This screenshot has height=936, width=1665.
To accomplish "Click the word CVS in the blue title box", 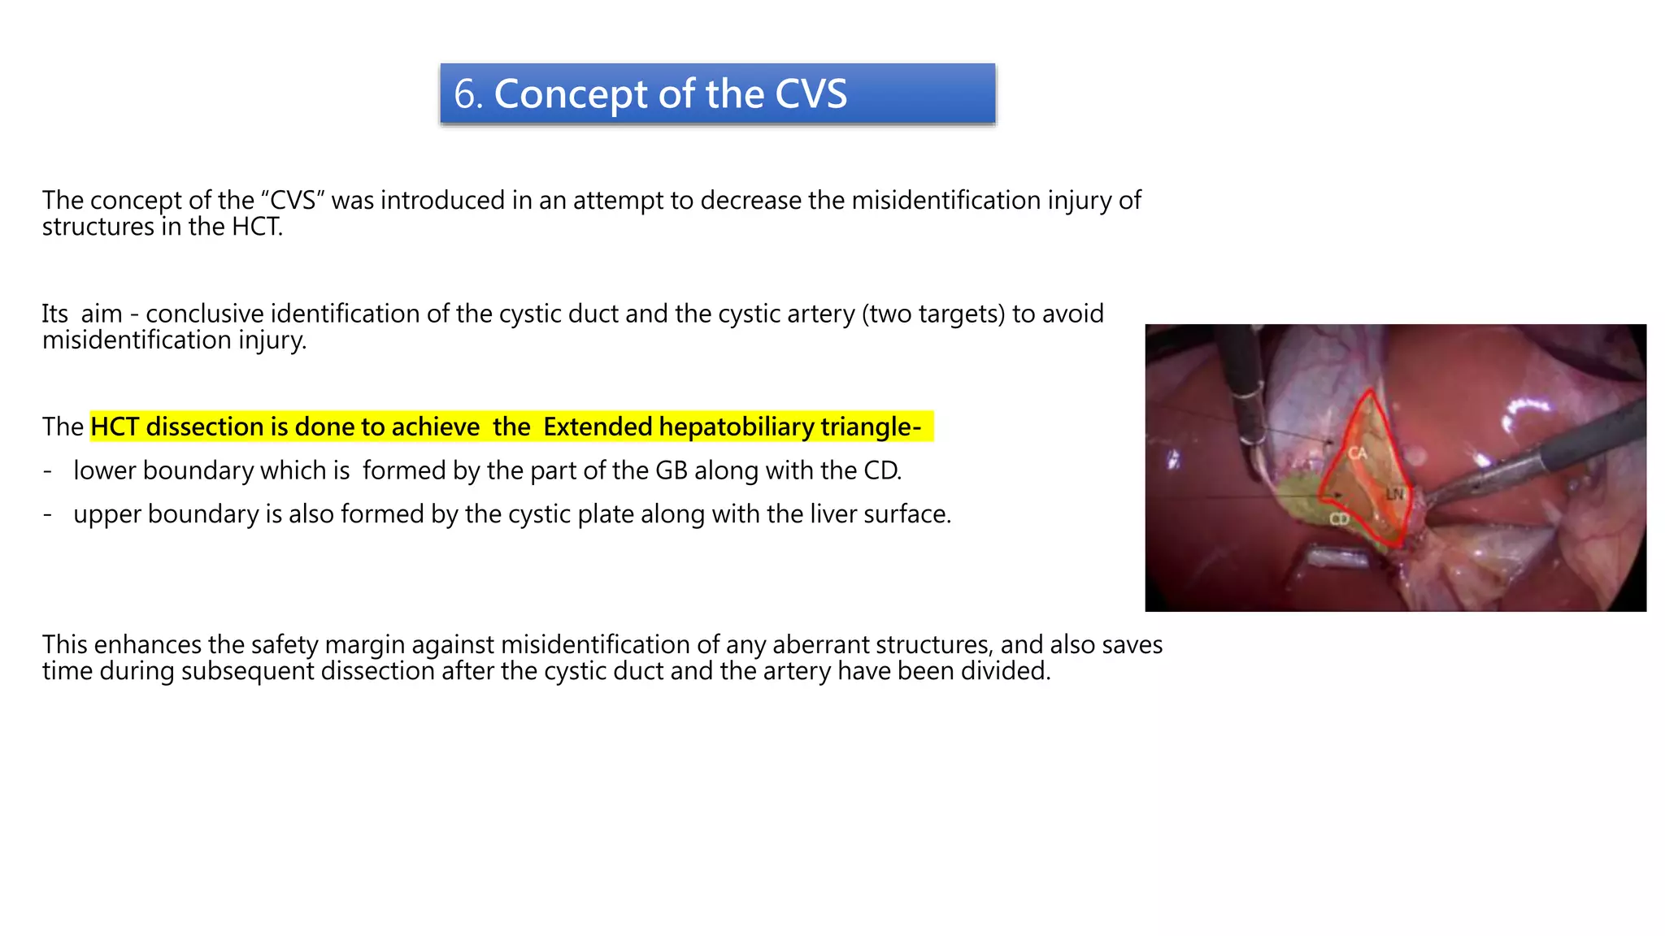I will point(810,94).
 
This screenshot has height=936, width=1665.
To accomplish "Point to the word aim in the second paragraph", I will point(102,314).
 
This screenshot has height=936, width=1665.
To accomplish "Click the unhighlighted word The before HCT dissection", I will point(63,427).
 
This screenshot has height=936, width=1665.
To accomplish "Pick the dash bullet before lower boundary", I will point(48,470).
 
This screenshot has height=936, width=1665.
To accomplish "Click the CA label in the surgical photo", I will point(1358,453).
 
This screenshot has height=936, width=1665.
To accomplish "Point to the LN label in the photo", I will point(1394,494).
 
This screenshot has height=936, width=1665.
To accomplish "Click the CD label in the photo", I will point(1339,519).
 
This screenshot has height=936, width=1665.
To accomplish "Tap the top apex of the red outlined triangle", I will point(1370,392).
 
